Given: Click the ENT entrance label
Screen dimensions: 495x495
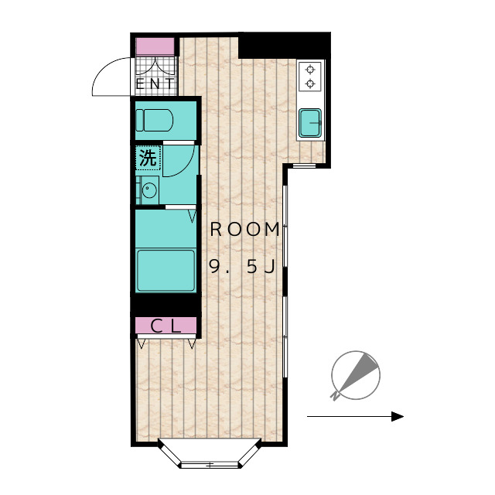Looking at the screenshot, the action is pyautogui.click(x=155, y=84).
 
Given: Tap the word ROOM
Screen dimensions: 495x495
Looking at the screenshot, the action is pyautogui.click(x=245, y=229).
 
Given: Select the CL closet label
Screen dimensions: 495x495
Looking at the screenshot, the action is pyautogui.click(x=166, y=326).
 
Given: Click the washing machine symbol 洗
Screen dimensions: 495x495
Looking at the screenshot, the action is pyautogui.click(x=148, y=158).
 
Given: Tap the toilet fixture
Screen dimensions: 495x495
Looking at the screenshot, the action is pyautogui.click(x=155, y=120).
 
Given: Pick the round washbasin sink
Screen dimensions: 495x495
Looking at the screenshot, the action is pyautogui.click(x=149, y=190).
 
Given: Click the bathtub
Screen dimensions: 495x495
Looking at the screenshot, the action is pyautogui.click(x=166, y=271).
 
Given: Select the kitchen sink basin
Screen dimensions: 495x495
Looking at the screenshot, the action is pyautogui.click(x=310, y=123).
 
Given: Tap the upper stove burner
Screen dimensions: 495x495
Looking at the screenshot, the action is pyautogui.click(x=311, y=70).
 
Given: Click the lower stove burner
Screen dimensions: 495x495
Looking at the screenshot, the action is pyautogui.click(x=311, y=84).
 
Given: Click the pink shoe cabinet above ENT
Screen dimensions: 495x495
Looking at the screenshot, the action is pyautogui.click(x=155, y=46).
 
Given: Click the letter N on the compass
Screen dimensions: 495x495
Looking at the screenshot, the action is pyautogui.click(x=335, y=396).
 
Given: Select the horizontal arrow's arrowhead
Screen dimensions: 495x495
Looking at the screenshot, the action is pyautogui.click(x=398, y=416).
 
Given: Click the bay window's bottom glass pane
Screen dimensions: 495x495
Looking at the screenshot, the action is pyautogui.click(x=210, y=465).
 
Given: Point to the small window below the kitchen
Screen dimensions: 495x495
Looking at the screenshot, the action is pyautogui.click(x=304, y=166).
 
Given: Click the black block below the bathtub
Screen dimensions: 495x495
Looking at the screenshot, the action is pyautogui.click(x=166, y=304).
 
